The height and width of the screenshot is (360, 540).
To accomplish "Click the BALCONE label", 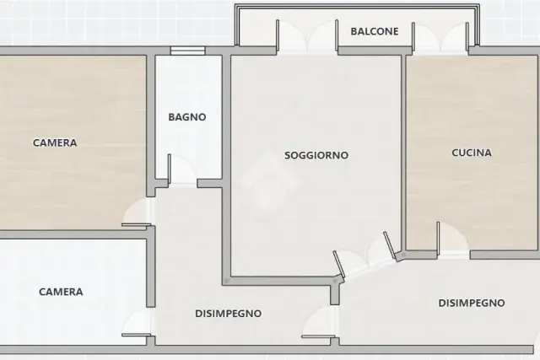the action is click(375, 31).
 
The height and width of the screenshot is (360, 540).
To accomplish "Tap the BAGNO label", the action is click(187, 117).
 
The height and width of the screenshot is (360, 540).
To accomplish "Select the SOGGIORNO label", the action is click(316, 155).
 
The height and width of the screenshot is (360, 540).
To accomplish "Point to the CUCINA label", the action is click(472, 153).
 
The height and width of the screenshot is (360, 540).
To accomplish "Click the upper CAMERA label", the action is click(55, 142).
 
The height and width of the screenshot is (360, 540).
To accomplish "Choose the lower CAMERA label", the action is click(61, 292).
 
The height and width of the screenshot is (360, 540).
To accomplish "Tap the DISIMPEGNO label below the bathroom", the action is click(229, 314).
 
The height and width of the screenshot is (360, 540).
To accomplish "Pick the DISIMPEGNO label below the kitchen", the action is click(472, 303).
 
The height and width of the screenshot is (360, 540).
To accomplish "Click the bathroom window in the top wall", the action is click(187, 51).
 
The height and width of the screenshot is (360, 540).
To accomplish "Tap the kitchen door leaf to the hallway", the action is click(438, 238).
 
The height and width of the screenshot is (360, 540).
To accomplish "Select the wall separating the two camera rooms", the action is click(74, 234).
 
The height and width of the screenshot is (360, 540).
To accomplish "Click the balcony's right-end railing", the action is click(478, 24).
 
